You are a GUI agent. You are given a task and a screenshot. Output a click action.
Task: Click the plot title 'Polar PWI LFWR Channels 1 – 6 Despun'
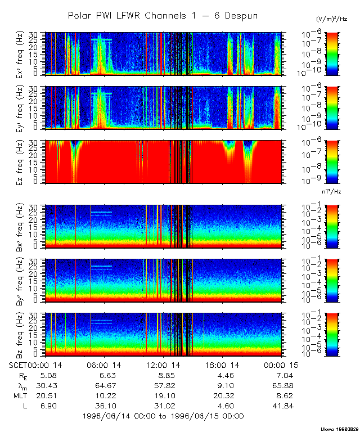(x=163, y=15)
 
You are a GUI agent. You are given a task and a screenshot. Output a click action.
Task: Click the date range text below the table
(x=163, y=416)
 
